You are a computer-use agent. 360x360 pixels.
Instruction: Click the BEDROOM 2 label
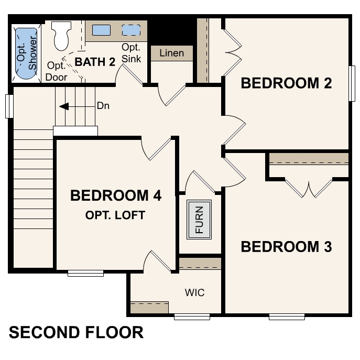point(286,83)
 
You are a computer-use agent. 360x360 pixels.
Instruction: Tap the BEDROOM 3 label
point(286,246)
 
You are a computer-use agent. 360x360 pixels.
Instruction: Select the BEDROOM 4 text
point(115,196)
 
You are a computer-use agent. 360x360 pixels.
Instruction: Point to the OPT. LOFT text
point(115,215)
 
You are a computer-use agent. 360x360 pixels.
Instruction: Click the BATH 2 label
point(95,62)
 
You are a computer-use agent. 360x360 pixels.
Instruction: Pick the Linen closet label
point(171,53)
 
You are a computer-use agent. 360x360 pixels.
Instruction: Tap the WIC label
point(194,292)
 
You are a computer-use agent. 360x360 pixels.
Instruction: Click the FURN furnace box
point(199,220)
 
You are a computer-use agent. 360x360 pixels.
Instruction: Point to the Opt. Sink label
point(131,53)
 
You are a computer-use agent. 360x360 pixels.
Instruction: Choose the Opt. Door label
point(56,71)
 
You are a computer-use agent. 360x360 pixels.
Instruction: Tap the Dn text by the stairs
point(103,105)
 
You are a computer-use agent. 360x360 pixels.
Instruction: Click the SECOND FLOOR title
point(76,332)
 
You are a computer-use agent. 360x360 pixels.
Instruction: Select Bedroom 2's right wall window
point(352,83)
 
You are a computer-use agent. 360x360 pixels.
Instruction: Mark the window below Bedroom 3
point(287,317)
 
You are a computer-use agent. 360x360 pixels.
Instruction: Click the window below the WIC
point(192,317)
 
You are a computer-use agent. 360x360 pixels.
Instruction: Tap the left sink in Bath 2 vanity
point(101,30)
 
